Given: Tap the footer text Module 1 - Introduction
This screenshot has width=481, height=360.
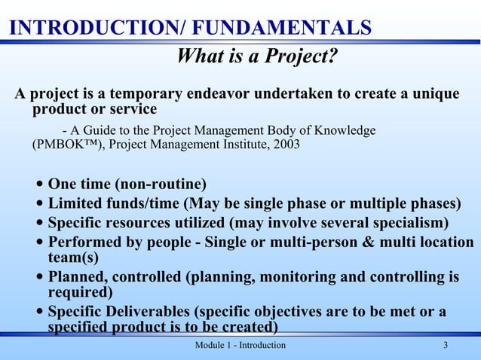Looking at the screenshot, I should pyautogui.click(x=240, y=345).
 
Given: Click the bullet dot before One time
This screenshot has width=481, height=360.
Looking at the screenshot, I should pyautogui.click(x=39, y=185).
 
